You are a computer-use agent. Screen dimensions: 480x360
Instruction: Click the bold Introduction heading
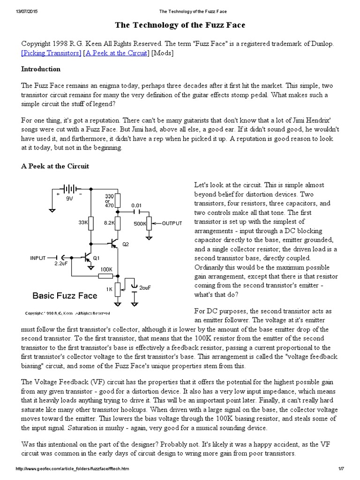(41, 69)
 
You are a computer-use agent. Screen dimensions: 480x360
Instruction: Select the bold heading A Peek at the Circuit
(55, 166)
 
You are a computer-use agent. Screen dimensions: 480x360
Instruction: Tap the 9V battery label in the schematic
(69, 199)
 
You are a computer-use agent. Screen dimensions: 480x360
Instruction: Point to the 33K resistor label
(83, 223)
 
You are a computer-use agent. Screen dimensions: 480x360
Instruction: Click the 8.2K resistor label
(109, 223)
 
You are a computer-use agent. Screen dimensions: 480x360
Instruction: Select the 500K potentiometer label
(140, 224)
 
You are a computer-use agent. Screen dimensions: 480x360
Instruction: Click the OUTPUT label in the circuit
(172, 224)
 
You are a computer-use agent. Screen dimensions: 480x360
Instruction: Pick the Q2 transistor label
(125, 244)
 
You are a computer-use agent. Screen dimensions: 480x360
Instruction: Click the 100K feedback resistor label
(105, 270)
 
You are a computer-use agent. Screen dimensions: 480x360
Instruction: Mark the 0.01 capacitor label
(137, 205)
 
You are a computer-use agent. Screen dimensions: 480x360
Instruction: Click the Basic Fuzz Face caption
(65, 296)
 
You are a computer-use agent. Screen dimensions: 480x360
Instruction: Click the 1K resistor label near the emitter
(109, 289)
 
